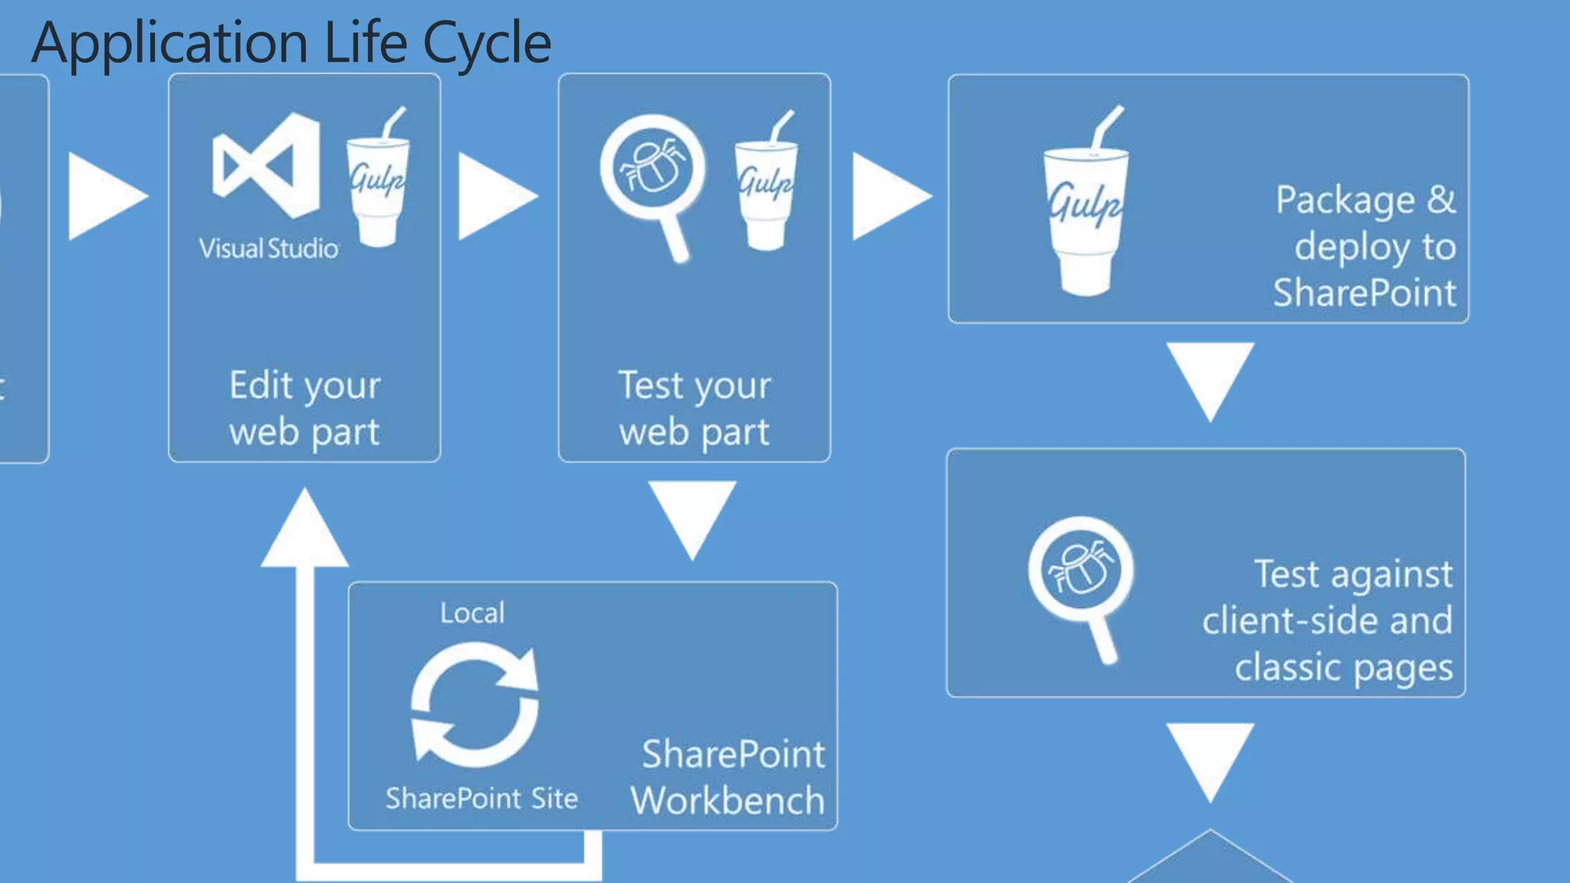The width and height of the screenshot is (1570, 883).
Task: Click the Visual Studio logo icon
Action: [x=265, y=166]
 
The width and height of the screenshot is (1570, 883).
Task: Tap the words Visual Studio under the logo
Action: [x=268, y=248]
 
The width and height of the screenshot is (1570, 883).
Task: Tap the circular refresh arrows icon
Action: [x=475, y=704]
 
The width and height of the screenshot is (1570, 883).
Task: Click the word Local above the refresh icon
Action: [x=472, y=613]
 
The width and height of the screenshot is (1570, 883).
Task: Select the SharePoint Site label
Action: [x=481, y=799]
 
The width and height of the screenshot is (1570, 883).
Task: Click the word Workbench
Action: [x=728, y=801]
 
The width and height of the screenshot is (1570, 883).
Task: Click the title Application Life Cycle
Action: [x=291, y=42]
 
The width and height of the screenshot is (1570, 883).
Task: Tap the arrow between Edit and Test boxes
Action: [x=494, y=196]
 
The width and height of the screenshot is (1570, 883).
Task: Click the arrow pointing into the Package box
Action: [x=888, y=196]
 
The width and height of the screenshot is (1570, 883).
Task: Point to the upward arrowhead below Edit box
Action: [x=304, y=533]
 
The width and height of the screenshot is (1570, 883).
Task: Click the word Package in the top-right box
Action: [x=1345, y=201]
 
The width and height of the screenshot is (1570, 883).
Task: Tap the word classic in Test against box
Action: [x=1289, y=667]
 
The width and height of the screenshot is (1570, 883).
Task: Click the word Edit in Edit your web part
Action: [x=261, y=385]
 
